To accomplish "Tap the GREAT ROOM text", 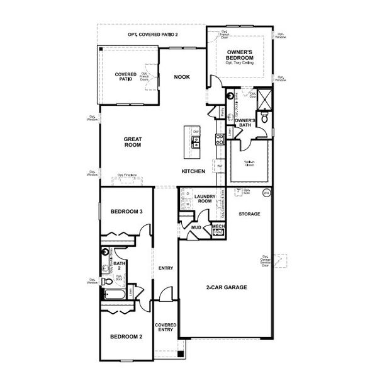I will [x=132, y=142].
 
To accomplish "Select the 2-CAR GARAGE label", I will [x=227, y=287].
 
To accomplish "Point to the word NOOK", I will [x=182, y=77].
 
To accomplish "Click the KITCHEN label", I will [x=193, y=171].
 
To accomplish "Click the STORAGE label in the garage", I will [x=249, y=214].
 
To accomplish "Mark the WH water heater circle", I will [x=266, y=193].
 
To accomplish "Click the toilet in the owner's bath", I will [x=265, y=117].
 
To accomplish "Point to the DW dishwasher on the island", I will [x=195, y=132].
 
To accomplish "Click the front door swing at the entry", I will [x=165, y=294].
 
